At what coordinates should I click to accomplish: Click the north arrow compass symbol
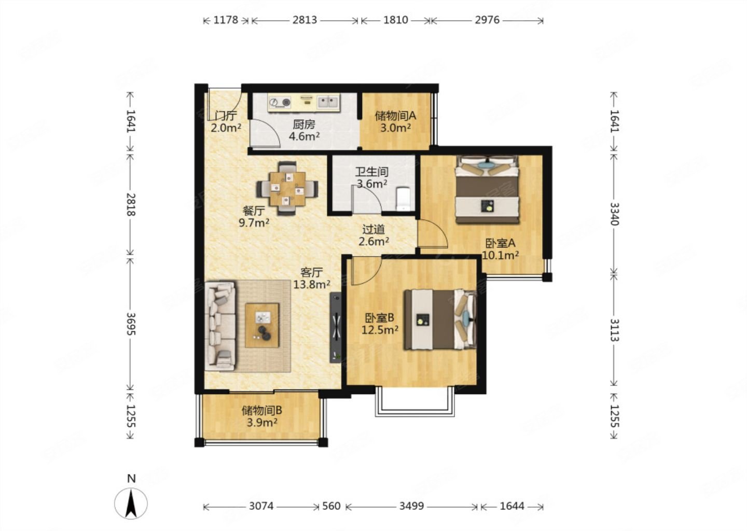tap(131, 504)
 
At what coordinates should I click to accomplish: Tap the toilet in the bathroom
tap(404, 199)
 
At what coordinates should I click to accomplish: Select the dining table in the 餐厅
tap(287, 189)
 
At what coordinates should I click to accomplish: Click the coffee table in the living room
tap(262, 325)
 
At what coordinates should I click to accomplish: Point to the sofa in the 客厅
tap(220, 326)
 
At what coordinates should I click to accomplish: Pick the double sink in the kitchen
tap(328, 101)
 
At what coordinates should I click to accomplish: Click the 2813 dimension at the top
tap(305, 20)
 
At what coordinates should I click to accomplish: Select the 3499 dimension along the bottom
tap(411, 506)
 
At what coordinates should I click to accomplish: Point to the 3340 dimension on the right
tap(614, 214)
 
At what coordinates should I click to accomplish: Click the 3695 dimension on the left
tap(131, 324)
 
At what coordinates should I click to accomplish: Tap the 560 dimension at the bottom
tap(331, 506)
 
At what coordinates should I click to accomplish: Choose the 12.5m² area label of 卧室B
tap(380, 330)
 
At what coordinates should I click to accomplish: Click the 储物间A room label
tap(395, 116)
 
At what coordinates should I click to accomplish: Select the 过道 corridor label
tap(374, 229)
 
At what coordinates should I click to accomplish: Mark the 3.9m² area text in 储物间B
tap(262, 423)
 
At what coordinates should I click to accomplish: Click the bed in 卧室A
tap(487, 189)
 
